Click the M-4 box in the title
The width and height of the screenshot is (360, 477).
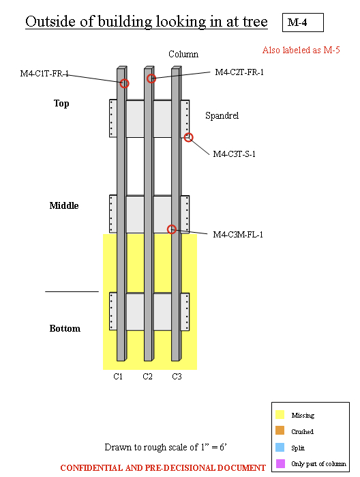303,23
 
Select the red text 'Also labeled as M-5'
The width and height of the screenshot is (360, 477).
301,50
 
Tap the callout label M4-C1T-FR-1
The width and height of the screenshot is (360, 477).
44,73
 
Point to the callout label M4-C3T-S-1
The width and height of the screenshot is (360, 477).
234,154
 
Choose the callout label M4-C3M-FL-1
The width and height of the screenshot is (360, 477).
238,235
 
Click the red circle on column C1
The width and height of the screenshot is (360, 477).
125,83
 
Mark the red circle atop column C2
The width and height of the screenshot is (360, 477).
151,78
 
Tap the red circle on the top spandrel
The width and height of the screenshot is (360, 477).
189,137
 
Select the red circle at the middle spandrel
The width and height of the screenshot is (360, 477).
172,229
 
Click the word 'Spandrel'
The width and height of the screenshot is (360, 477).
222,116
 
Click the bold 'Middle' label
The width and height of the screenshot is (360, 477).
64,205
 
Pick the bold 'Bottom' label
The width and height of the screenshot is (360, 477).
65,328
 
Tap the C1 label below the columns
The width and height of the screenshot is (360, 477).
118,376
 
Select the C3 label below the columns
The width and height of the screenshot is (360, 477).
177,376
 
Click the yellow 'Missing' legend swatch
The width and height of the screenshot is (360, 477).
280,414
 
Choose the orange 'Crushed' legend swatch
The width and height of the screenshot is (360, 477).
280,431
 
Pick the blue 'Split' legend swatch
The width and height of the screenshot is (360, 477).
280,447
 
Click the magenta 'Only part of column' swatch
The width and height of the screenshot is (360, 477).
280,463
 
